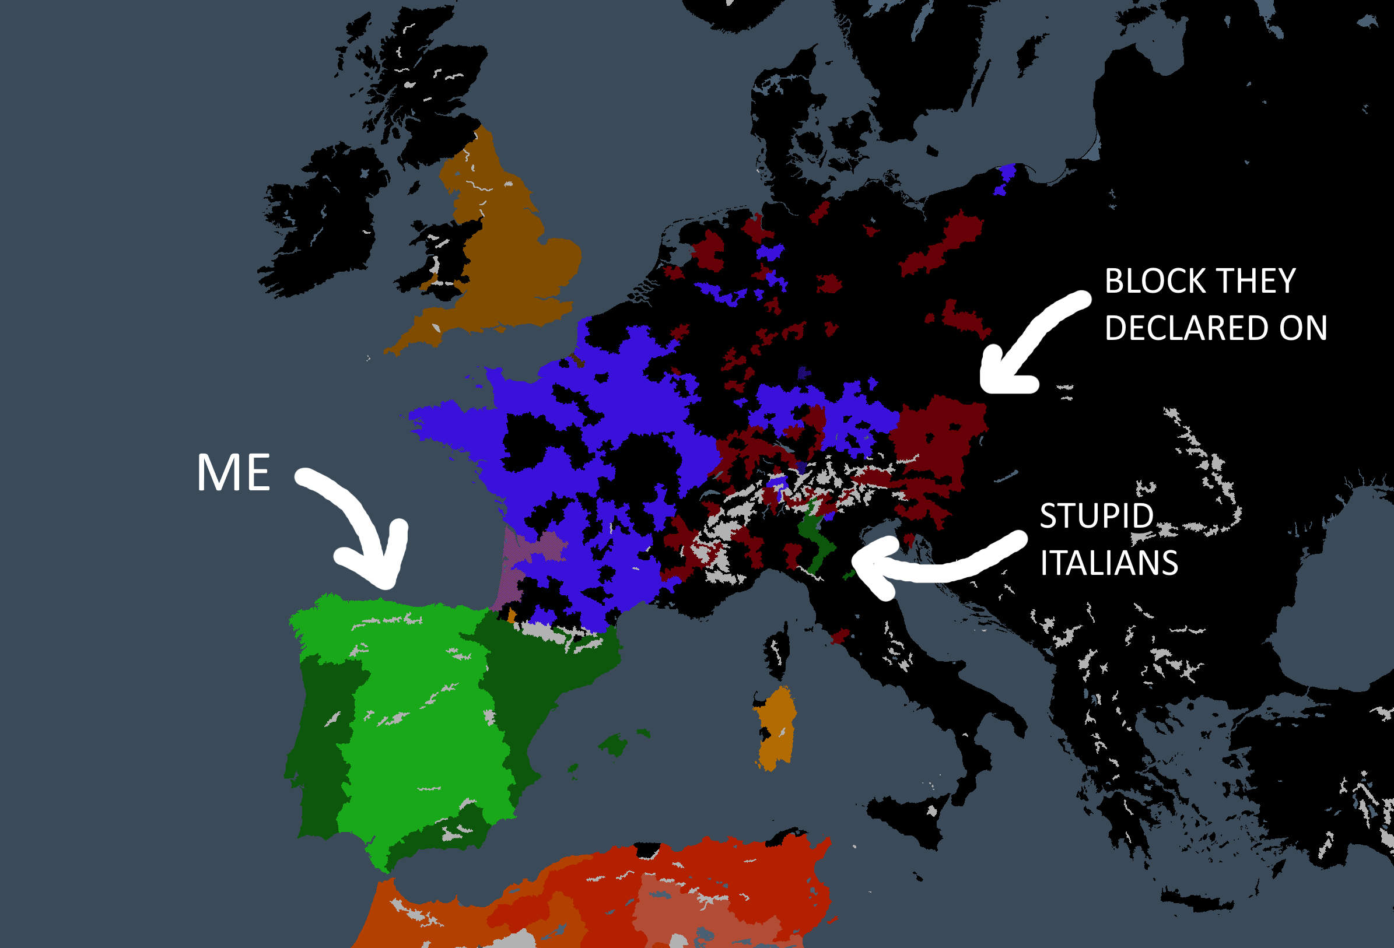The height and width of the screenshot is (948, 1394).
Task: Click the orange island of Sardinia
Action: (x=777, y=729)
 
